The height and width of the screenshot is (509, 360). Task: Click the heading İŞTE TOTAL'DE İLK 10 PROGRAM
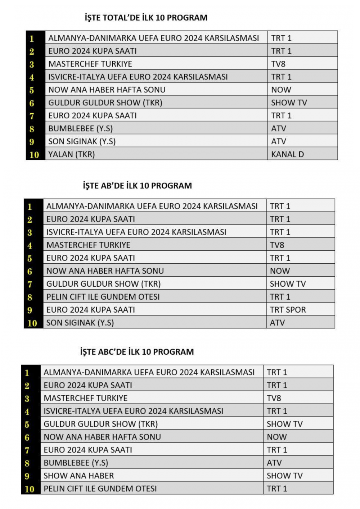point(146,18)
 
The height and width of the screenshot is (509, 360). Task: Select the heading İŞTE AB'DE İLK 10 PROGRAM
point(137,186)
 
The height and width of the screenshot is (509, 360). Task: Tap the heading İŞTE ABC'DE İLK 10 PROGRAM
point(137,352)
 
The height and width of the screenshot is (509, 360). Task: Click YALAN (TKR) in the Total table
point(72,154)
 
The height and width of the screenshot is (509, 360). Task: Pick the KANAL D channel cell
point(287,154)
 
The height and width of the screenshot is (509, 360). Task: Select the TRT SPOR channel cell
point(288,310)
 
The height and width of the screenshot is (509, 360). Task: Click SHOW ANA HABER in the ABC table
point(78,476)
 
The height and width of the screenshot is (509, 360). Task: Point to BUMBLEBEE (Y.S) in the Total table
point(80,128)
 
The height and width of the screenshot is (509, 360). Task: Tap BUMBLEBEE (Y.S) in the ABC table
point(76,463)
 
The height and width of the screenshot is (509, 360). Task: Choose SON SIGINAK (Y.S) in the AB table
point(80,323)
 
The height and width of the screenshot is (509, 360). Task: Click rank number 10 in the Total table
point(34,155)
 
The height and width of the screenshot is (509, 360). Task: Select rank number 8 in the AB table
point(30,297)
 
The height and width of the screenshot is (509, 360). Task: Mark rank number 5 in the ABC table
point(27,424)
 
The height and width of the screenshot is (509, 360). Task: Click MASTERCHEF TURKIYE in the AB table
point(88,245)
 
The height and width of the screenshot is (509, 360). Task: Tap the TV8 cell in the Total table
point(278,64)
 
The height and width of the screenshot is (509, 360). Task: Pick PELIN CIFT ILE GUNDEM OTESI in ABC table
point(100,488)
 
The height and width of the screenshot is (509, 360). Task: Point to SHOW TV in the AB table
point(288,284)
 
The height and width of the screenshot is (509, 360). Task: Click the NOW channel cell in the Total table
point(281,90)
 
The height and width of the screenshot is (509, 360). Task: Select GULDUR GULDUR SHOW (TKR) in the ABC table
point(100,424)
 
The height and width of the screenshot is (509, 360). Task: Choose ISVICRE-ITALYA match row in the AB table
point(136,232)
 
